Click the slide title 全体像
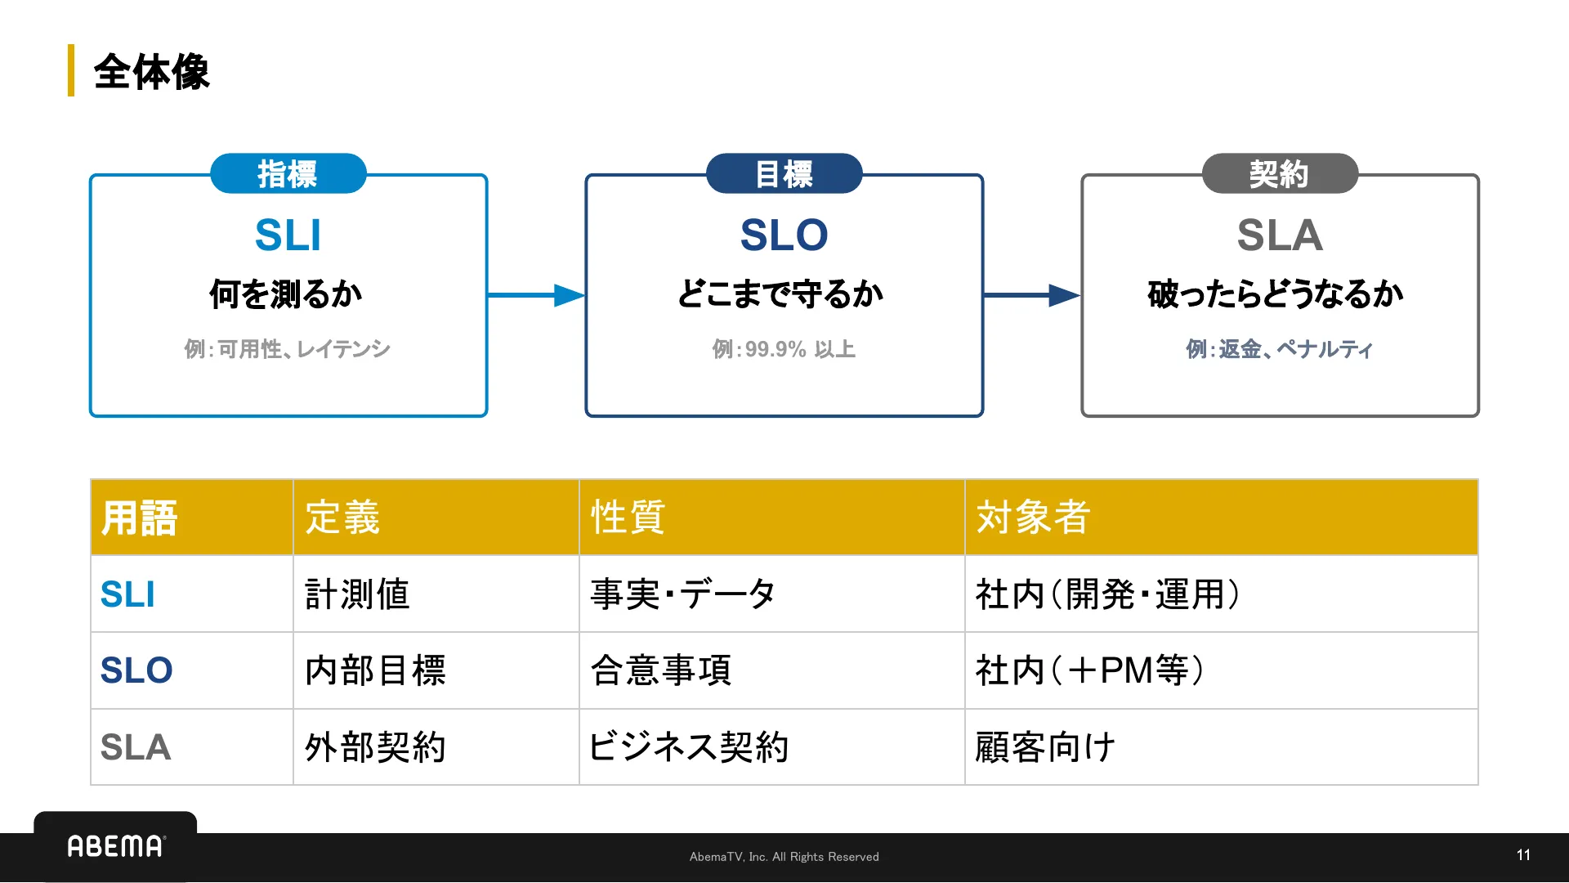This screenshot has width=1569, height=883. pyautogui.click(x=151, y=72)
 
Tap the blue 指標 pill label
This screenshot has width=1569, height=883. pyautogui.click(x=288, y=173)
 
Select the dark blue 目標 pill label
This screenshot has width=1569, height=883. pyautogui.click(x=784, y=173)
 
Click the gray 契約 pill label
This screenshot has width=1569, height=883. pyautogui.click(x=1280, y=173)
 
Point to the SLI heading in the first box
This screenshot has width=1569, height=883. pyautogui.click(x=288, y=235)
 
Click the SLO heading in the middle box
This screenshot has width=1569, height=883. pyautogui.click(x=784, y=235)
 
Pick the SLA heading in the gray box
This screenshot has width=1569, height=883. pyautogui.click(x=1280, y=235)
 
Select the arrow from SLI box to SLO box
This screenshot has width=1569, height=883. pyautogui.click(x=536, y=295)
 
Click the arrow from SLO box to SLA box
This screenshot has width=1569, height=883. pyautogui.click(x=1031, y=295)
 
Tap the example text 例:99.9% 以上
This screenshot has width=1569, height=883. pyautogui.click(x=784, y=349)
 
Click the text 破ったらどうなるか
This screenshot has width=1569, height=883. pyautogui.click(x=1275, y=294)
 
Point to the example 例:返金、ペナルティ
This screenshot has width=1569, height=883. pyautogui.click(x=1279, y=349)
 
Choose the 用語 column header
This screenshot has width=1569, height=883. pyautogui.click(x=139, y=518)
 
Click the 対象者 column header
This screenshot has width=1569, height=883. pyautogui.click(x=1033, y=518)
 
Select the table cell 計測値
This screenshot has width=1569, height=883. pyautogui.click(x=357, y=594)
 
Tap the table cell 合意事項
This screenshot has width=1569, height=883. pyautogui.click(x=660, y=670)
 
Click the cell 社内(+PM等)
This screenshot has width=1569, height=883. pyautogui.click(x=1089, y=670)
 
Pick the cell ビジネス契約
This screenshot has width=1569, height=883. pyautogui.click(x=689, y=747)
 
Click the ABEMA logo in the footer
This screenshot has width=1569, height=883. pyautogui.click(x=115, y=846)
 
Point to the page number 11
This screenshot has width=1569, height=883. pyautogui.click(x=1523, y=855)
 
